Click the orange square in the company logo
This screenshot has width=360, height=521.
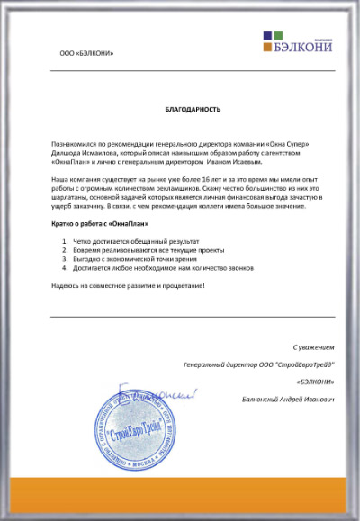coord(267,37)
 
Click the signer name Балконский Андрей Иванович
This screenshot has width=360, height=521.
coord(288,398)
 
